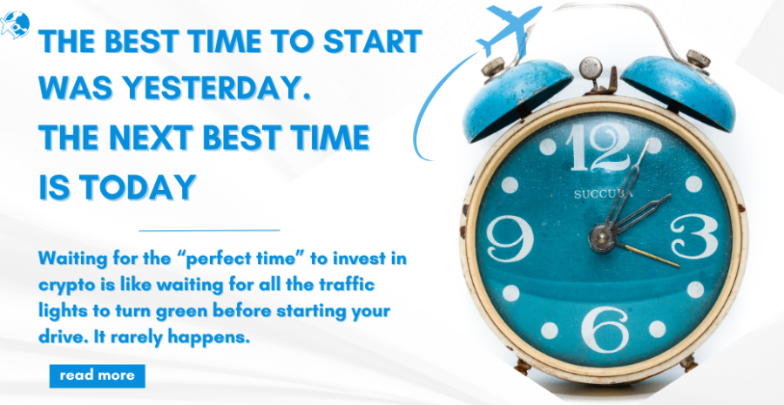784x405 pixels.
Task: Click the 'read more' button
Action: point(97,376)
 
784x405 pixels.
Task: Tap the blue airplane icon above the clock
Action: point(508,29)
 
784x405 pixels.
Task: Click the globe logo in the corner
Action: point(15,24)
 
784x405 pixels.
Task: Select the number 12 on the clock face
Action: point(598,147)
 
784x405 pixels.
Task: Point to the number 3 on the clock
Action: point(694,236)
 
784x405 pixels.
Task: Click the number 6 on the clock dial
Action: point(605,329)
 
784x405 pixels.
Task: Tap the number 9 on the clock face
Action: point(510,239)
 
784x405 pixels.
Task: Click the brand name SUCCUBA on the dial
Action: point(604,194)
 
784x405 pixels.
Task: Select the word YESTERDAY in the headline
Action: point(214,89)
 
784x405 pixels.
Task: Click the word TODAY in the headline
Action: point(137,186)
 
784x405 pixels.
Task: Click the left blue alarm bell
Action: point(517,98)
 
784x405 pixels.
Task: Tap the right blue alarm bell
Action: point(679,91)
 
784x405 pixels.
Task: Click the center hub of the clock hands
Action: point(601,236)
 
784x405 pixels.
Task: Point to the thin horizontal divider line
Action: point(209,231)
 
